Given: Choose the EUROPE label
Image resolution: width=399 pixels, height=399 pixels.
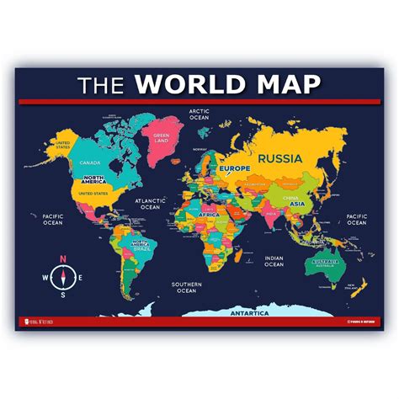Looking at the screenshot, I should (235, 168).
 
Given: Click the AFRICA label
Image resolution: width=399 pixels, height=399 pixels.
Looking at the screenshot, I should (208, 215).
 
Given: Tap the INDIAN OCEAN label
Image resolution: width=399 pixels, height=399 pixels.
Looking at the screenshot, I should (274, 261).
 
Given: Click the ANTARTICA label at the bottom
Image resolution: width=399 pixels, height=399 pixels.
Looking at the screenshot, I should (249, 313).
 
